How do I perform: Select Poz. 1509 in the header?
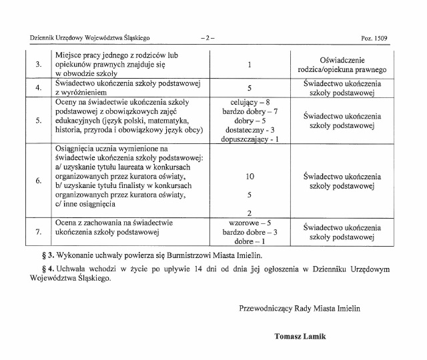374,39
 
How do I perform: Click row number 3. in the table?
38,65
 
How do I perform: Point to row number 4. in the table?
38,88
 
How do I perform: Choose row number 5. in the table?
38,120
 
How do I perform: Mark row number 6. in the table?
38,180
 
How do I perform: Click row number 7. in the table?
38,231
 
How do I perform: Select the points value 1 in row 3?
249,65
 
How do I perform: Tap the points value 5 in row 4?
249,88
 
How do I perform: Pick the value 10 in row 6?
249,176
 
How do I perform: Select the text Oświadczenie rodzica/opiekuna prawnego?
342,65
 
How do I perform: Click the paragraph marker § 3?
47,255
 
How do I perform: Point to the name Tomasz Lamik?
300,336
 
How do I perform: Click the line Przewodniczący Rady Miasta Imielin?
309,308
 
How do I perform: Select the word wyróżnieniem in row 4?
81,93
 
